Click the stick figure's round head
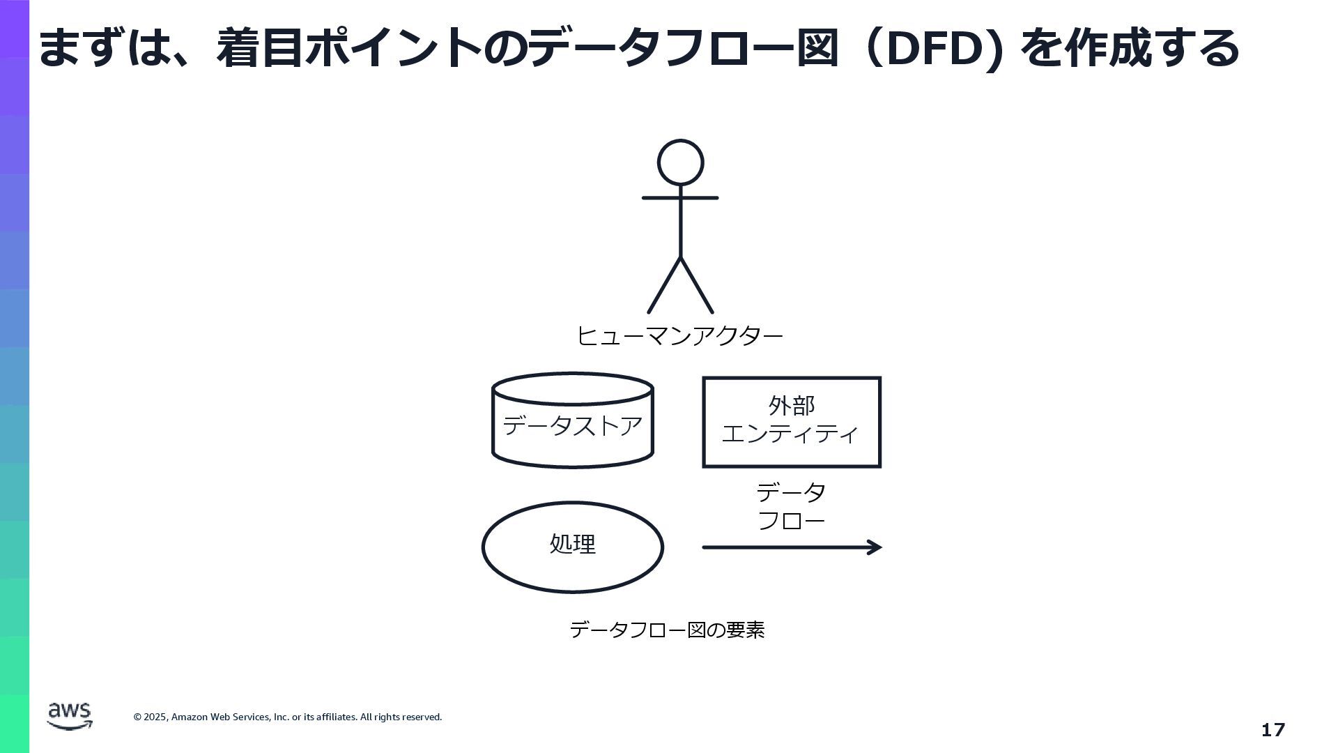coord(680,162)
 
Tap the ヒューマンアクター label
coord(679,336)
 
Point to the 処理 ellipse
coord(572,547)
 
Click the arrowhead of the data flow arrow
coord(875,547)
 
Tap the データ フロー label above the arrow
coord(791,506)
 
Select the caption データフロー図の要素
coord(667,630)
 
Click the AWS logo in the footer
coord(70,715)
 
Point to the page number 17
coord(1272,730)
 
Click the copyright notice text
coord(287,717)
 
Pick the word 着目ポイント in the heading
coord(348,49)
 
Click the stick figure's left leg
coord(663,286)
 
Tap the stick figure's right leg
coord(697,286)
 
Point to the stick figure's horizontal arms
coord(680,198)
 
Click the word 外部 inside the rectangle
coord(792,405)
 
